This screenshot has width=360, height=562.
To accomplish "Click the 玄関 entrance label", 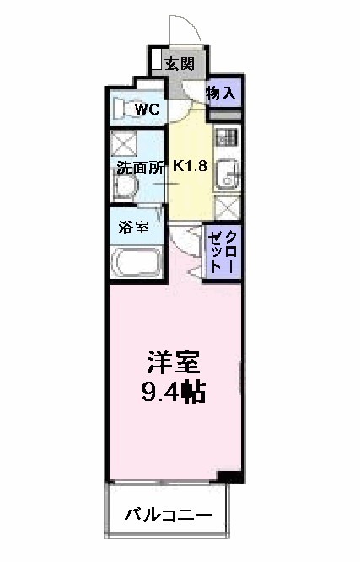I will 180,62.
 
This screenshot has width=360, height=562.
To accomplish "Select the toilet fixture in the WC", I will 124,108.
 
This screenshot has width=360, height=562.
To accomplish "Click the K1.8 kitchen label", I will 191,165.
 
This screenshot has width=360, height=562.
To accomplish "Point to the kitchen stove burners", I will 227,136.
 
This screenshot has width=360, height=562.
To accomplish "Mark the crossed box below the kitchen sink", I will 227,207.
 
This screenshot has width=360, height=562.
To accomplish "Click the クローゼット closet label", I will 223,249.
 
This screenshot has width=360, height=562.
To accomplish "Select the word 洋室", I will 175,363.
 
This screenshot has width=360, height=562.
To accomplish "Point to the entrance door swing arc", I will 184,29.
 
